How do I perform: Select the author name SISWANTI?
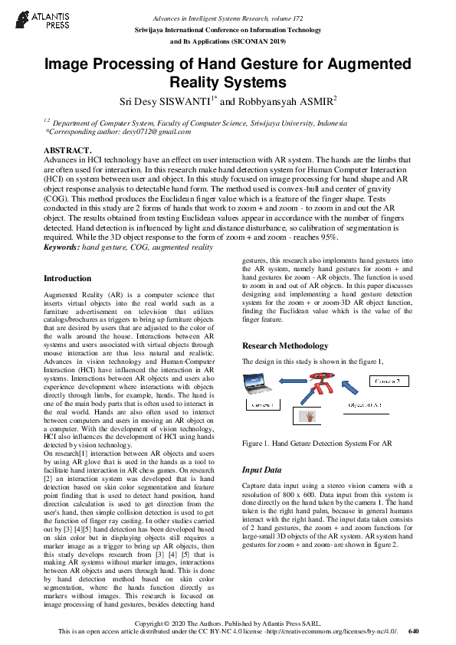pyautogui.click(x=176, y=101)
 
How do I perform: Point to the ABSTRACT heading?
pyautogui.click(x=67, y=150)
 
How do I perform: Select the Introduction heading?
pyautogui.click(x=67, y=278)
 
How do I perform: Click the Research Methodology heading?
pyautogui.click(x=285, y=345)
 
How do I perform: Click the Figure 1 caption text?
pyautogui.click(x=317, y=443)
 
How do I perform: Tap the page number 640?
pyautogui.click(x=414, y=631)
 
